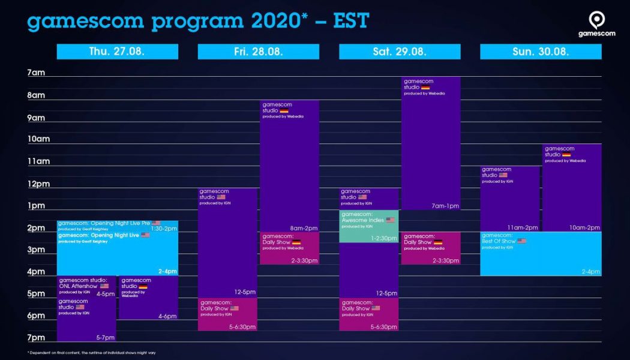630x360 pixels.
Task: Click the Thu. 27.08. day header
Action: click(x=117, y=52)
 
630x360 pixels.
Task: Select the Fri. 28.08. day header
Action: click(x=258, y=52)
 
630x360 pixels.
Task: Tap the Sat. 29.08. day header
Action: click(x=400, y=52)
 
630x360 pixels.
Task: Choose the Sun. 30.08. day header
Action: click(x=541, y=52)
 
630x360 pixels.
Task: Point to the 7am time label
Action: click(x=36, y=73)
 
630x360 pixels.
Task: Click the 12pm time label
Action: click(x=38, y=184)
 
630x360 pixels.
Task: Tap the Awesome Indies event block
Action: click(x=368, y=226)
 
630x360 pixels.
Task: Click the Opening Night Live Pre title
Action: click(x=104, y=223)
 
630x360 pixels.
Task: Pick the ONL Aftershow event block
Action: click(x=86, y=286)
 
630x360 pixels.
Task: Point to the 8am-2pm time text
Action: click(x=305, y=229)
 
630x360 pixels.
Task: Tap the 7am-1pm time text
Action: click(x=446, y=206)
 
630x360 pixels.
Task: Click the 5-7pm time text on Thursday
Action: click(x=105, y=338)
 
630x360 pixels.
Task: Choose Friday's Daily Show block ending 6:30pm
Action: click(x=227, y=314)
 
